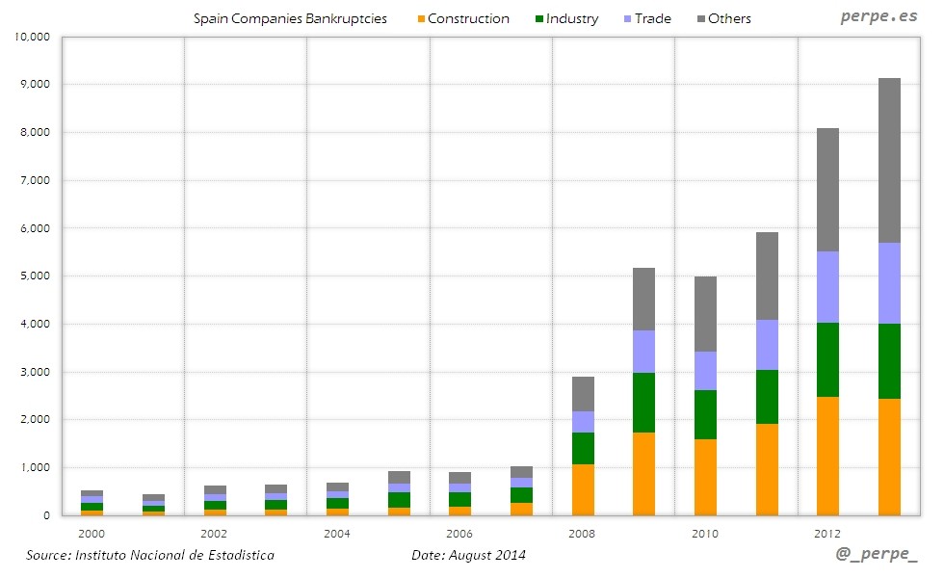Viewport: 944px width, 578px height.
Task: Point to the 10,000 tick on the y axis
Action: tap(33, 37)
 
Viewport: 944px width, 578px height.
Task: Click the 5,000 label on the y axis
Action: tap(36, 276)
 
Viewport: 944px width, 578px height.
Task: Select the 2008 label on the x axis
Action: tap(583, 533)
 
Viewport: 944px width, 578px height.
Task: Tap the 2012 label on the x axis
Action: tap(827, 533)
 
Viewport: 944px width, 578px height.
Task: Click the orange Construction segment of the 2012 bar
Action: tap(827, 456)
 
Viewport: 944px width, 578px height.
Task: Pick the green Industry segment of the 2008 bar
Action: tap(583, 448)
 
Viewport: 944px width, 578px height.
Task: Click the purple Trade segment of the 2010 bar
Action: tap(705, 371)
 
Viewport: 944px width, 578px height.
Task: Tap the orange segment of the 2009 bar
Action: tap(643, 473)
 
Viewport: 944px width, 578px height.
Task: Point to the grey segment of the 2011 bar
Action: tap(767, 276)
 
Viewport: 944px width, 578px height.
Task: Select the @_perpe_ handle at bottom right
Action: tap(877, 555)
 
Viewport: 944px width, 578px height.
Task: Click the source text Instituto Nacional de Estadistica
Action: tap(149, 555)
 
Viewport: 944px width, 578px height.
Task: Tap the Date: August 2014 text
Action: tap(468, 555)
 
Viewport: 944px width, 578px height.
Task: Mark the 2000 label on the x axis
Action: tap(92, 533)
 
